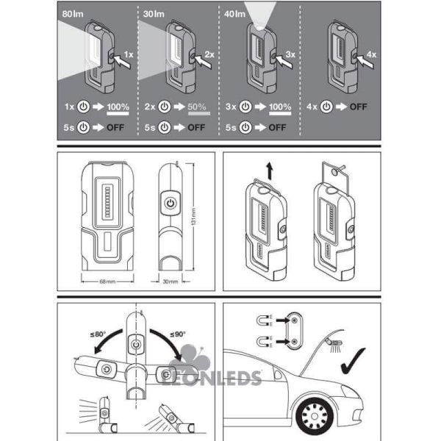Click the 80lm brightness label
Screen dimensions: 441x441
click(x=73, y=12)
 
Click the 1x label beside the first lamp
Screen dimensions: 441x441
click(x=129, y=55)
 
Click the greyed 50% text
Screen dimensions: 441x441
click(x=196, y=107)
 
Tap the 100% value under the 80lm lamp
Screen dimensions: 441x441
click(x=117, y=107)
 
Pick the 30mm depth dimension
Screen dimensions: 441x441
click(x=171, y=281)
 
